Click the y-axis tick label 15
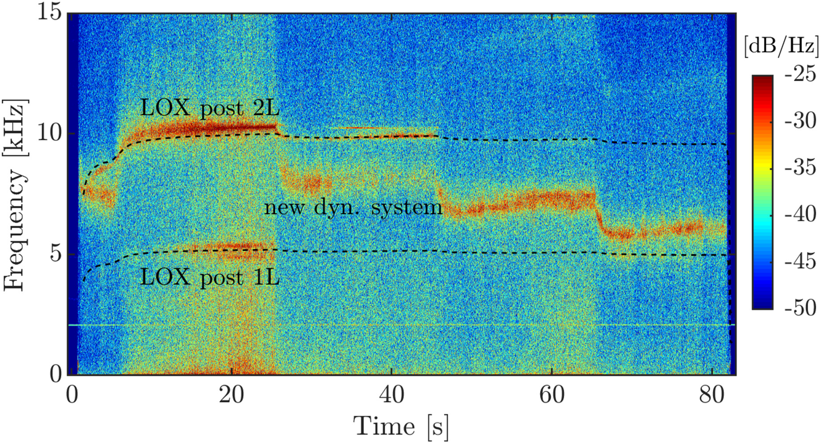(x=49, y=12)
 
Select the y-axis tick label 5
(x=55, y=254)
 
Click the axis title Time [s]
(x=401, y=426)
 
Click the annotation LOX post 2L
(x=209, y=108)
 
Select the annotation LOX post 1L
(x=209, y=278)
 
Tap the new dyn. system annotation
(x=353, y=207)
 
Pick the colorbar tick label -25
(x=800, y=74)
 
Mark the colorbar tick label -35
(x=800, y=167)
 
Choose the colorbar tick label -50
(x=800, y=308)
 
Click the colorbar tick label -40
(x=800, y=214)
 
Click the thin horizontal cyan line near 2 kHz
(x=399, y=325)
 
